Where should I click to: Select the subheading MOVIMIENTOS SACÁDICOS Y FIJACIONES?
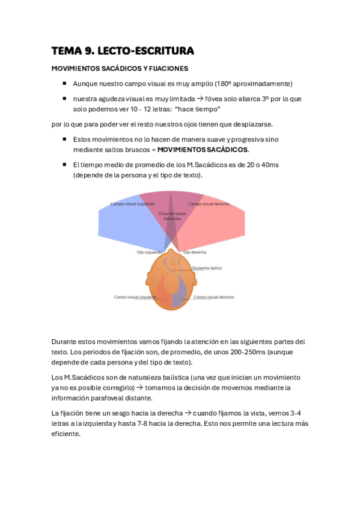pos(120,69)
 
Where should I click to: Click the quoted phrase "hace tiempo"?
pos(198,109)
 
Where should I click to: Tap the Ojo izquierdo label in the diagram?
pos(149,252)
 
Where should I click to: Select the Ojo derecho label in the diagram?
pos(195,252)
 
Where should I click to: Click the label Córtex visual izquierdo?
pos(136,297)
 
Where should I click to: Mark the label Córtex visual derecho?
pos(214,297)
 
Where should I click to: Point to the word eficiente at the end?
pos(66,434)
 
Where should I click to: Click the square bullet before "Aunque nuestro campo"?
pos(64,84)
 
